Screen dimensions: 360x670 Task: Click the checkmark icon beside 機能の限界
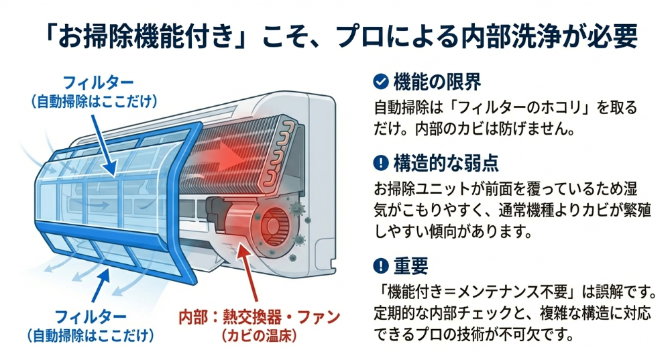coord(381,82)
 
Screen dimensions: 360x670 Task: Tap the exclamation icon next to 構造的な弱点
coord(381,162)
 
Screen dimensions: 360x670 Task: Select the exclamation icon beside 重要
coord(381,267)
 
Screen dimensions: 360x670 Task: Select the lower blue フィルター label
coord(89,316)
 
